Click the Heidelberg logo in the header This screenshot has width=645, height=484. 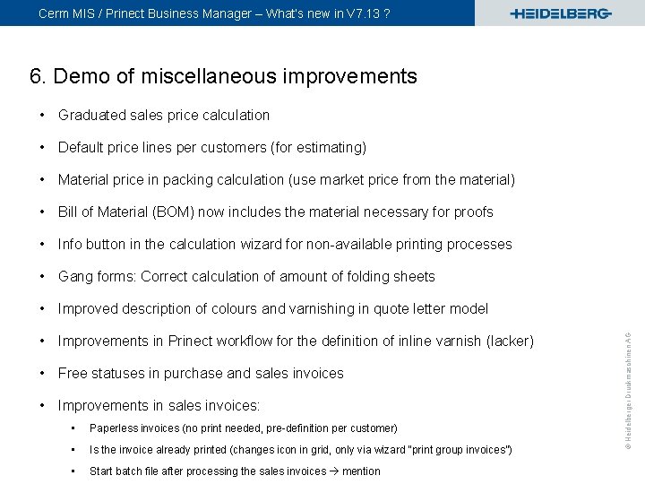pyautogui.click(x=560, y=13)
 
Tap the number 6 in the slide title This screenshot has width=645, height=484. pyautogui.click(x=36, y=76)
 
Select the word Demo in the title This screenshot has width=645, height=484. pyautogui.click(x=82, y=76)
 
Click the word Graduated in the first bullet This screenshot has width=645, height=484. pyautogui.click(x=91, y=115)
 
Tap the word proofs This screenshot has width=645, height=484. pyautogui.click(x=472, y=212)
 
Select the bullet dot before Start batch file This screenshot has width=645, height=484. pyautogui.click(x=72, y=471)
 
